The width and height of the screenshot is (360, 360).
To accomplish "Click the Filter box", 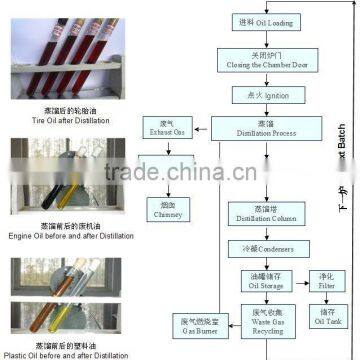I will (x=325, y=279).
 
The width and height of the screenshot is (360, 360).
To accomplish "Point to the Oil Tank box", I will (x=325, y=315).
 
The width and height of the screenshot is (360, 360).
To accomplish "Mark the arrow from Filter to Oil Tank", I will (x=325, y=297).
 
